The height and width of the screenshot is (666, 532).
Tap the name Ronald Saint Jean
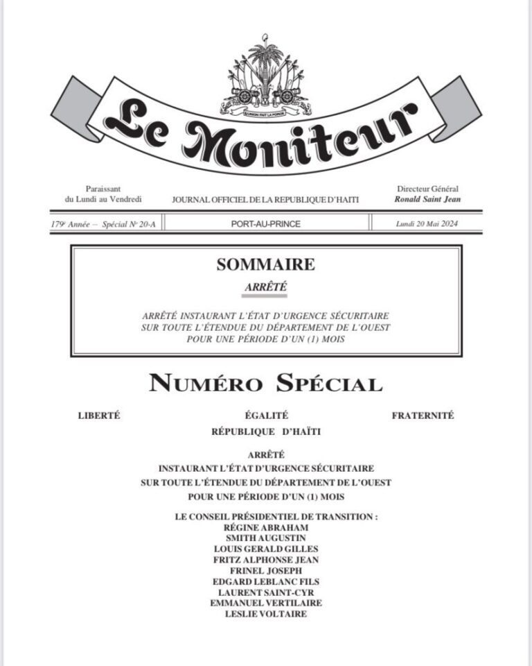pos(427,199)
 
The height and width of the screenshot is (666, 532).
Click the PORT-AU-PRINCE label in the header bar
pos(266,223)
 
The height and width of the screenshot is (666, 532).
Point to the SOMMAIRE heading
pos(266,264)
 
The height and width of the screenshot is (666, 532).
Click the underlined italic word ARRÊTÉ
pos(266,286)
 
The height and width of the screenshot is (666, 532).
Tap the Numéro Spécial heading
pos(266,383)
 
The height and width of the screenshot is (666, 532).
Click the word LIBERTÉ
pos(100,416)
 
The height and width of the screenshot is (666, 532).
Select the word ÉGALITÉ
pos(266,416)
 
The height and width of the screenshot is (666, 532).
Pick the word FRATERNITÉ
pos(423,416)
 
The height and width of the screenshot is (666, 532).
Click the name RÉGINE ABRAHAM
pos(266,527)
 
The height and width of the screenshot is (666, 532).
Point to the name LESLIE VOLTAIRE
pos(266,614)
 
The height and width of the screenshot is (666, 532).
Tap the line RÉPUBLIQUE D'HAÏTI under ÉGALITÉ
pos(266,432)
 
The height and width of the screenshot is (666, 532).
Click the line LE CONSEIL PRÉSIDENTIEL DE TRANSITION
pos(266,517)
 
